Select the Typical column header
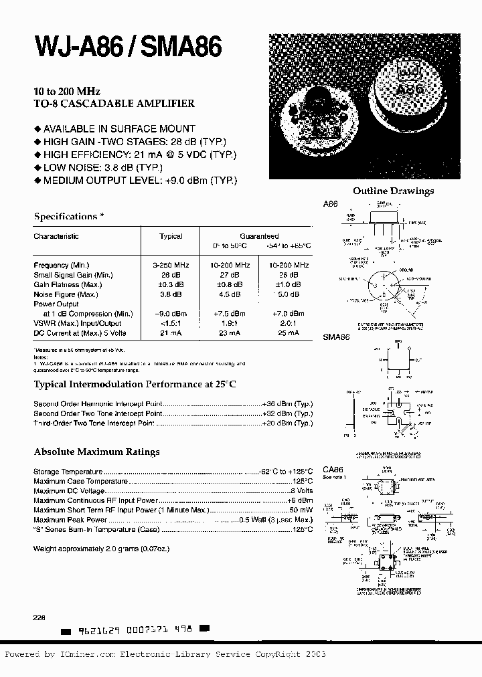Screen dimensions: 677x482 pyautogui.click(x=171, y=236)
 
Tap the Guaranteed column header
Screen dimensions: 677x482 pyautogui.click(x=260, y=236)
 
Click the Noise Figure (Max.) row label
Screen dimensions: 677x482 pyautogui.click(x=63, y=294)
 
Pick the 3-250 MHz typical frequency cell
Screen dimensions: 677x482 pyautogui.click(x=171, y=266)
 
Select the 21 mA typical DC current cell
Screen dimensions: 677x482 pyautogui.click(x=171, y=333)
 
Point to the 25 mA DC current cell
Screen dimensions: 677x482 pyautogui.click(x=289, y=333)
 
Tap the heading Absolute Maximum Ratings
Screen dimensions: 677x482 pyautogui.click(x=96, y=452)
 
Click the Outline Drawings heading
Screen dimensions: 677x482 pyautogui.click(x=393, y=191)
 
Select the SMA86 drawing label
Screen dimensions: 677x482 pyautogui.click(x=337, y=338)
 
